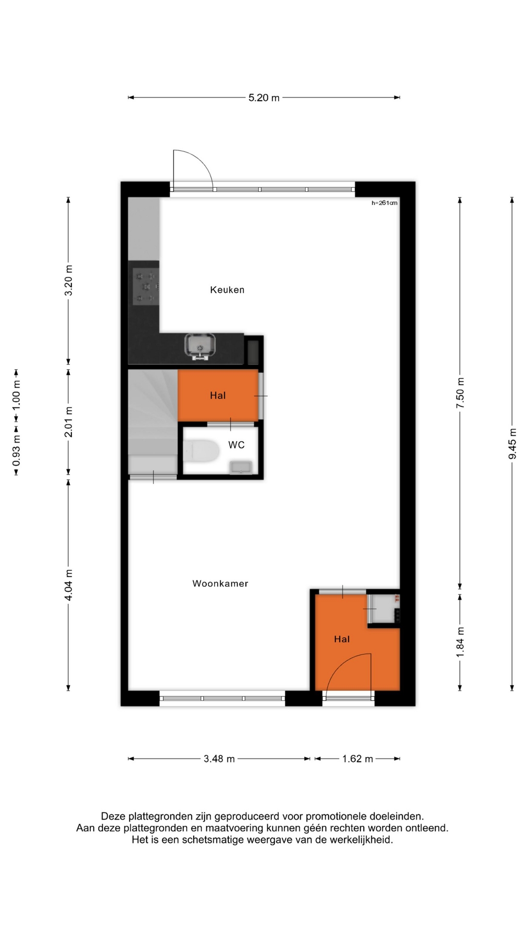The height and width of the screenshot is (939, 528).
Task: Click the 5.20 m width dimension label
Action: [264, 98]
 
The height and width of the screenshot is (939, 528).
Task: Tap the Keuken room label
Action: [227, 290]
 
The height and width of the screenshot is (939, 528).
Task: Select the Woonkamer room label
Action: [220, 583]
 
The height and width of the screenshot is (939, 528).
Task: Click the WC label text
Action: [237, 445]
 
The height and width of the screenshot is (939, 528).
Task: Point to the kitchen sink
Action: [200, 347]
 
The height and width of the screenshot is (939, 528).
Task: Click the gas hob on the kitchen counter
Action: [145, 287]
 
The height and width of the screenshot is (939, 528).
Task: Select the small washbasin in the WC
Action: [242, 467]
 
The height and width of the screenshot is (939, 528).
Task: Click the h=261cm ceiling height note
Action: [385, 203]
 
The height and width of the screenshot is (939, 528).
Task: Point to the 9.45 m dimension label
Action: [512, 444]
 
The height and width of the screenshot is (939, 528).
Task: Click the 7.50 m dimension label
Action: [460, 394]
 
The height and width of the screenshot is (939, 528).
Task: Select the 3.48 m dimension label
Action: [219, 759]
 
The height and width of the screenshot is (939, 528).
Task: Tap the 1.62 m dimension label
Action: [357, 759]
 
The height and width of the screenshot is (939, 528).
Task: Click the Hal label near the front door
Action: [342, 639]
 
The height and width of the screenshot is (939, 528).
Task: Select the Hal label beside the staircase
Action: [218, 396]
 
